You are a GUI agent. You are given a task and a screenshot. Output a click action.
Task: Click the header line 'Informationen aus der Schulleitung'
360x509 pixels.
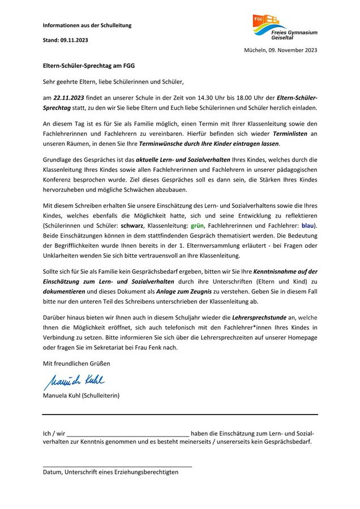click(x=87, y=25)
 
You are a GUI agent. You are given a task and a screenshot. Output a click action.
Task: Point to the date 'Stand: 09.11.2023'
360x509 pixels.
click(x=66, y=40)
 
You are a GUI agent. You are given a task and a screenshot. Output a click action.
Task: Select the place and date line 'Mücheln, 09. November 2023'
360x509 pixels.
click(x=280, y=50)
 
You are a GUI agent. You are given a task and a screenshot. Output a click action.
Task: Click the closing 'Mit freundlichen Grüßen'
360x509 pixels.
click(x=76, y=363)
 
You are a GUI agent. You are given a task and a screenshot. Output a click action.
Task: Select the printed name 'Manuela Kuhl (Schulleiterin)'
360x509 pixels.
click(x=81, y=395)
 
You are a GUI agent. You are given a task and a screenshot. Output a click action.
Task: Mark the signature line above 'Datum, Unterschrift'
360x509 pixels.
click(x=117, y=466)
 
